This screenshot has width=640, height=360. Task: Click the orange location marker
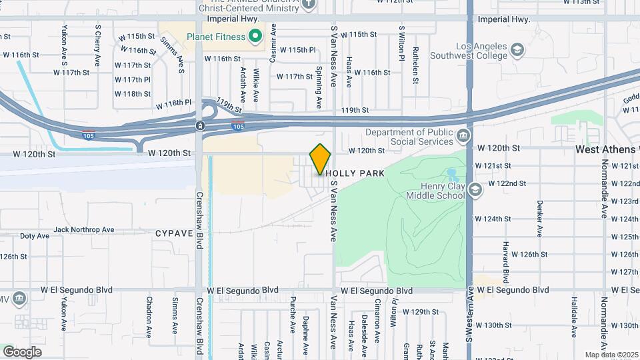321,159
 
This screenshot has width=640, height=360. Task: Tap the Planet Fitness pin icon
253,36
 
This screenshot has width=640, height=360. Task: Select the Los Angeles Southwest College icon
517,50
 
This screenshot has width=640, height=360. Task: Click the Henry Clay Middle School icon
475,190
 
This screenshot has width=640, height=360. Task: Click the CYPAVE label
174,233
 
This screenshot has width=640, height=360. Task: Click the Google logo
22,352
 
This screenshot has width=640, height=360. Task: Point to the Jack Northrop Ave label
84,230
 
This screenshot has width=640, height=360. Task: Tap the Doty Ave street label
35,236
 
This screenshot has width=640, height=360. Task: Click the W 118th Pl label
174,104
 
